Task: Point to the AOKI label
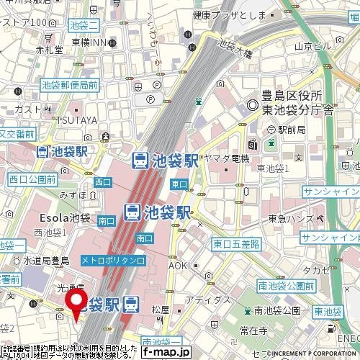click(x=180, y=266)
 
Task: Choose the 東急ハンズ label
click(x=291, y=219)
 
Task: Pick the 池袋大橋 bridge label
click(x=231, y=52)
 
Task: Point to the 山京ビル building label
click(x=312, y=45)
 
